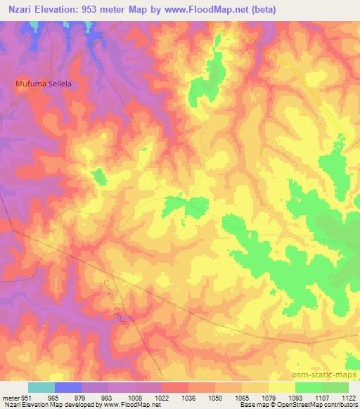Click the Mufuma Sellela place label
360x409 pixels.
pos(45,83)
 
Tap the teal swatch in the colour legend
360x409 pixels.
pos(41,387)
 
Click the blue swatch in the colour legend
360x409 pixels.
pos(67,387)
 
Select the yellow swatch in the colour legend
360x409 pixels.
pos(281,387)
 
